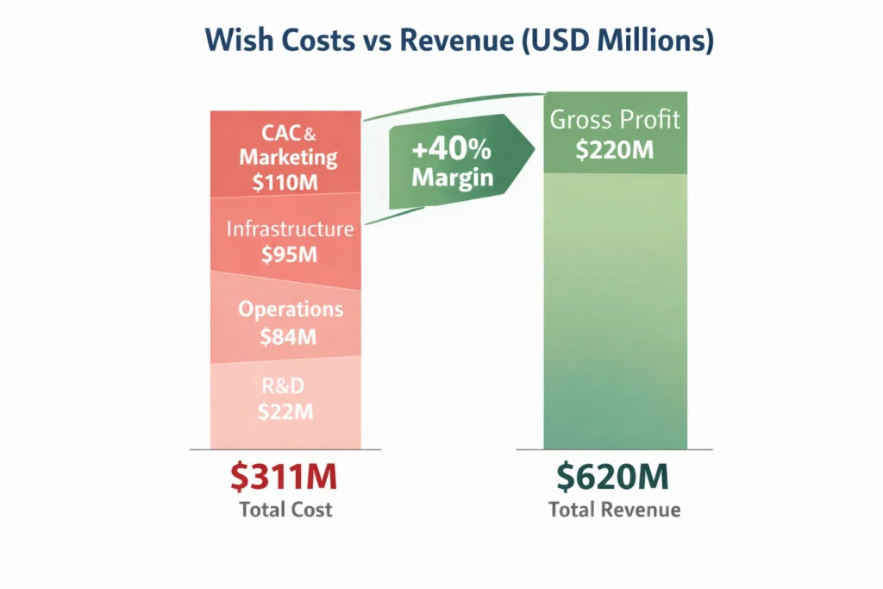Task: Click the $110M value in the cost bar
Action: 288,182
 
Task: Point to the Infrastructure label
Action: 290,229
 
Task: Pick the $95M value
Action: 289,254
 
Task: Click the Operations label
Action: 291,310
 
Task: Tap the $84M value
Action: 288,335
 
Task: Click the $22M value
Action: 285,412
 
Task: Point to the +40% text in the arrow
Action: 451,150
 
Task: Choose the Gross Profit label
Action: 615,120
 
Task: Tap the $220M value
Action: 615,150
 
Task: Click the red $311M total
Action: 285,477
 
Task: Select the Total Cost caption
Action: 285,510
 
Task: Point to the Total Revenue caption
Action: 615,510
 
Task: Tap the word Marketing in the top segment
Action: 288,158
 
